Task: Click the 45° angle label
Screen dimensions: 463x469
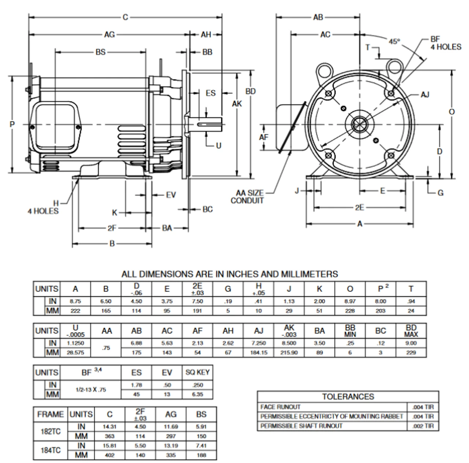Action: [x=394, y=41]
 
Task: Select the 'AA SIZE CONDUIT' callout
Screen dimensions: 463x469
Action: [x=247, y=197]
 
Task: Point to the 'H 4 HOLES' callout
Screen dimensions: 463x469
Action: [x=43, y=207]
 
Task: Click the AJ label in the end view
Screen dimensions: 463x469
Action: [x=425, y=95]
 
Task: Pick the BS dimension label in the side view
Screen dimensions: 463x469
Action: [x=100, y=52]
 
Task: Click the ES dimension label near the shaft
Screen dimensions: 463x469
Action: [x=211, y=93]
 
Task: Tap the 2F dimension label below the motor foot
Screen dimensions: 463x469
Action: [x=112, y=228]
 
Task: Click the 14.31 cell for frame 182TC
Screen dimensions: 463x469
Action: [x=110, y=427]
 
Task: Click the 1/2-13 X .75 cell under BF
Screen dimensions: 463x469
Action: [x=91, y=390]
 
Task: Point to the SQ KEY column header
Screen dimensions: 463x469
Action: [x=197, y=373]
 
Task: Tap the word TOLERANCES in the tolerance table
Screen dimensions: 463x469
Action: [x=348, y=397]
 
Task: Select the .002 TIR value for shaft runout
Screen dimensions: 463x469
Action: [x=423, y=426]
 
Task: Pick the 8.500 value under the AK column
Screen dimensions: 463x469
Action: [x=289, y=343]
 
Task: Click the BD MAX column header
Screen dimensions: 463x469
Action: [x=411, y=331]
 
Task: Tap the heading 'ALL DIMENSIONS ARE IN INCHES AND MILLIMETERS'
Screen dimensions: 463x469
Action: [x=230, y=274]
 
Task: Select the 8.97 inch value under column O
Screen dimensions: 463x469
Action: [x=350, y=301]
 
